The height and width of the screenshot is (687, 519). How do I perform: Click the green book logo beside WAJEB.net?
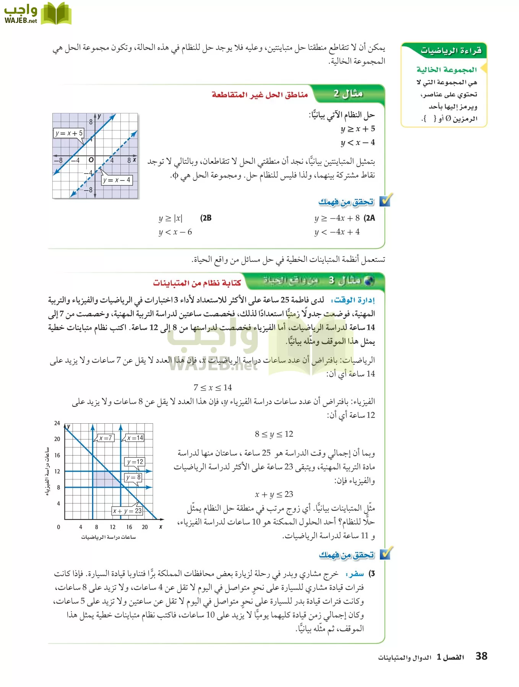click(x=56, y=14)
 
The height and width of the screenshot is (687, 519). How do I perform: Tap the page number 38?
click(x=481, y=656)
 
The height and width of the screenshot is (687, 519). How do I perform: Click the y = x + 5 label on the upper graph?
click(x=69, y=133)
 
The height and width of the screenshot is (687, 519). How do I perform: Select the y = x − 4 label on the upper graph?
click(x=117, y=180)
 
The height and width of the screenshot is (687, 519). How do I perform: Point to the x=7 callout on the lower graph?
click(x=105, y=438)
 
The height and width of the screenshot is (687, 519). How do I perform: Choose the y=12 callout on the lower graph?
click(x=135, y=462)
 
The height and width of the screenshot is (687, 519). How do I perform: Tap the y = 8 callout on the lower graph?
click(x=133, y=477)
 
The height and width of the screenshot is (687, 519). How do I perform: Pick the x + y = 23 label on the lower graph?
click(x=127, y=511)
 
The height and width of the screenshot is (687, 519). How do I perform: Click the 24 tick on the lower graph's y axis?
click(x=57, y=423)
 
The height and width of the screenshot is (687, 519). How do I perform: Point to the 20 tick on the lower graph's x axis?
click(x=144, y=527)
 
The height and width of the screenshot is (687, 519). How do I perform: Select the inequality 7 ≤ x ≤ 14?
click(x=212, y=388)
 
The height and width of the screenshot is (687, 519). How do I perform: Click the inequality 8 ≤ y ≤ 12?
click(x=274, y=434)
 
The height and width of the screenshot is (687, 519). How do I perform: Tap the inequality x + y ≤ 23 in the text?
click(x=274, y=495)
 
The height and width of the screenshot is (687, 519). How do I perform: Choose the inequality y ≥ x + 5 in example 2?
click(x=357, y=129)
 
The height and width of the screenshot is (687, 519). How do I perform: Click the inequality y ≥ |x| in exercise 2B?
click(x=171, y=218)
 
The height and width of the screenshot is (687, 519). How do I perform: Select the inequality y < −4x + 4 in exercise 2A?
click(x=337, y=232)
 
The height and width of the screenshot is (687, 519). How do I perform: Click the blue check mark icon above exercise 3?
click(x=385, y=553)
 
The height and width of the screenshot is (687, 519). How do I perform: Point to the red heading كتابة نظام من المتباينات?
click(x=197, y=283)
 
